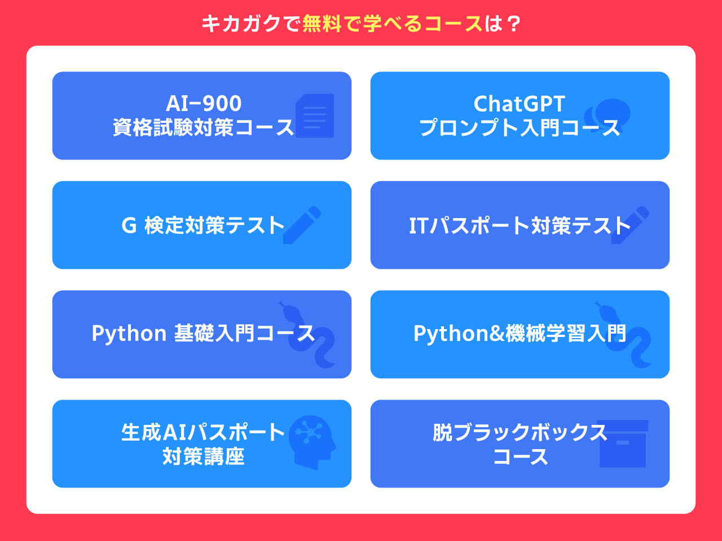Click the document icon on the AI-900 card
pos(315,116)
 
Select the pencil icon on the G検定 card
pos(302,225)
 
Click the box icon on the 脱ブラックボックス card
pos(623,444)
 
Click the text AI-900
pos(204,104)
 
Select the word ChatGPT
pos(519,104)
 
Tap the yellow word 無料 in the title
pos(321,24)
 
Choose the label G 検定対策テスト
pos(202,225)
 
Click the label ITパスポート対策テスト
pos(520,225)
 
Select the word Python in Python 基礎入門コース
pos(129,334)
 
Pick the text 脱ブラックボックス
pos(520,432)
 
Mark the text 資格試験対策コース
pos(203,128)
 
